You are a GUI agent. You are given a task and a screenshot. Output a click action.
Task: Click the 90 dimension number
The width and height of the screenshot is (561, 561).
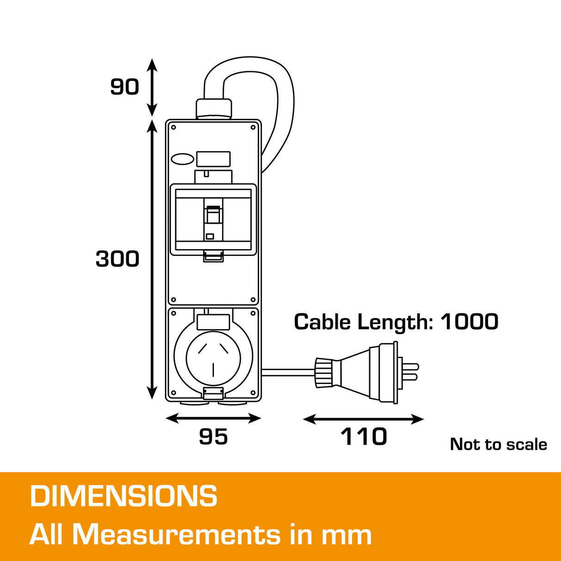pos(124,86)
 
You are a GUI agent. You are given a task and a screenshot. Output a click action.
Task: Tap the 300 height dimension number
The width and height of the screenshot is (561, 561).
pos(117,259)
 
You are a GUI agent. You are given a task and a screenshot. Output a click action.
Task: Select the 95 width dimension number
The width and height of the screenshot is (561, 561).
pos(213,437)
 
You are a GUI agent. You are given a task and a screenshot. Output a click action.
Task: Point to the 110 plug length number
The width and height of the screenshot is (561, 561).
pos(364,437)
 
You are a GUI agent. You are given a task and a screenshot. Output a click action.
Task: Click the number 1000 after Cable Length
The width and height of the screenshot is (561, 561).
pos(469,322)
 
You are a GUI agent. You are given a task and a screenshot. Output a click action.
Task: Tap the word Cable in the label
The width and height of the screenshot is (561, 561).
pos(322,322)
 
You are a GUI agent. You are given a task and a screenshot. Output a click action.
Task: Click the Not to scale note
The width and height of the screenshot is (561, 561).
pos(498,444)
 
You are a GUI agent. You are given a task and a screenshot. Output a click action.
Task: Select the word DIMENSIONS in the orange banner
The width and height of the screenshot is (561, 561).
pos(123,496)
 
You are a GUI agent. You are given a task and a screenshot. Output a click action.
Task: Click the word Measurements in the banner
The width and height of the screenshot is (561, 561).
pos(177,535)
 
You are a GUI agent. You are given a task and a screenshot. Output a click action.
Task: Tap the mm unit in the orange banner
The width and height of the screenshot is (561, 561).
pos(346,535)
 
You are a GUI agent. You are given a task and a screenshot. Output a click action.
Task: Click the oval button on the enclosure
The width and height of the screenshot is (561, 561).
pos(183,159)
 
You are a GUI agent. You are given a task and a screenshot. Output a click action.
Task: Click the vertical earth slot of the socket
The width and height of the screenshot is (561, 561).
pos(213,370)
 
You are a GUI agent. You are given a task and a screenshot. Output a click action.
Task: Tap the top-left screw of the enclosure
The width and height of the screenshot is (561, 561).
pos(173,127)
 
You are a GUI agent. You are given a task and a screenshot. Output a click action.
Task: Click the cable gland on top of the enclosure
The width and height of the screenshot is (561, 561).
pos(213,109)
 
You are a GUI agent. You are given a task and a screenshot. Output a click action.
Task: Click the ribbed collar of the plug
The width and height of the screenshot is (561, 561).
pos(323,372)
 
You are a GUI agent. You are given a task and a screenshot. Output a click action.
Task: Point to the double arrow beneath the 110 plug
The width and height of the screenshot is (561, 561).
pos(363,419)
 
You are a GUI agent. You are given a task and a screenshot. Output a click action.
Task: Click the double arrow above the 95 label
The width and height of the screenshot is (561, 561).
pos(213,419)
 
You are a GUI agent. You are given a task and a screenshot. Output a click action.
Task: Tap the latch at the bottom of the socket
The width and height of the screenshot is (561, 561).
pos(213,393)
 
